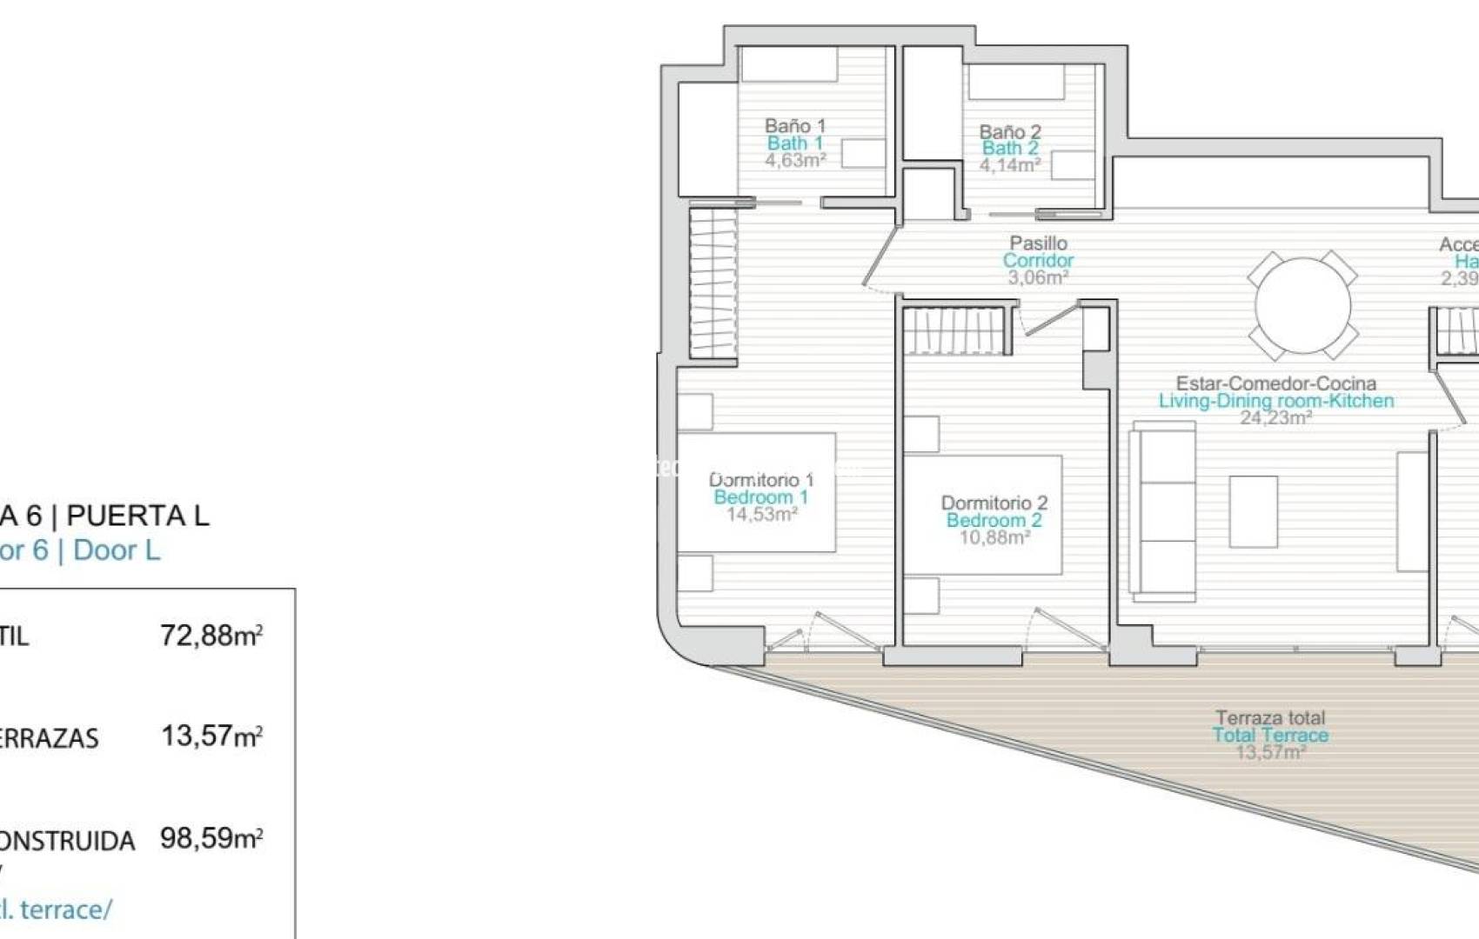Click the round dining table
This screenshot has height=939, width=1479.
coord(1302,305)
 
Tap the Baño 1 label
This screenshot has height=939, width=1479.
coord(794,126)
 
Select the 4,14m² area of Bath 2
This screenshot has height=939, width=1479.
coord(1010,164)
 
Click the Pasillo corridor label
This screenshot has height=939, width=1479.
coord(1038,243)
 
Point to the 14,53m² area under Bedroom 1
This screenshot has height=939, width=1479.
coord(762,514)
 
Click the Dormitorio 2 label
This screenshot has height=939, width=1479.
coord(994,503)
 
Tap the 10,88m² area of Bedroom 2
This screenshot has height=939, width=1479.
coord(994,537)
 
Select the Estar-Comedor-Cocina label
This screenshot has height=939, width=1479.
coord(1275,383)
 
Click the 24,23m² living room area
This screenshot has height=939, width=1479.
coord(1275,417)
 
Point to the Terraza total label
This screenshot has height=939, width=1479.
coord(1270,718)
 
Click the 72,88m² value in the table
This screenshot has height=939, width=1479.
coord(211,636)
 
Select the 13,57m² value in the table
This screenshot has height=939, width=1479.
coord(211,736)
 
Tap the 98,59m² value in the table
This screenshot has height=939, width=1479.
coord(211,839)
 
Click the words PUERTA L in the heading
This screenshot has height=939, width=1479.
coord(137,516)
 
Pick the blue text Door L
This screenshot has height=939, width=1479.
coord(117,550)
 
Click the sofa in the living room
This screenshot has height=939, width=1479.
coord(1162,510)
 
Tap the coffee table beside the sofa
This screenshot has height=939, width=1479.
coord(1253,511)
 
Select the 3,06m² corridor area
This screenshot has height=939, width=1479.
coord(1038,277)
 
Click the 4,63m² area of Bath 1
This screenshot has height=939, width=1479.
coord(795,160)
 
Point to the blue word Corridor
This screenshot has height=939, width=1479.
coord(1038,260)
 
